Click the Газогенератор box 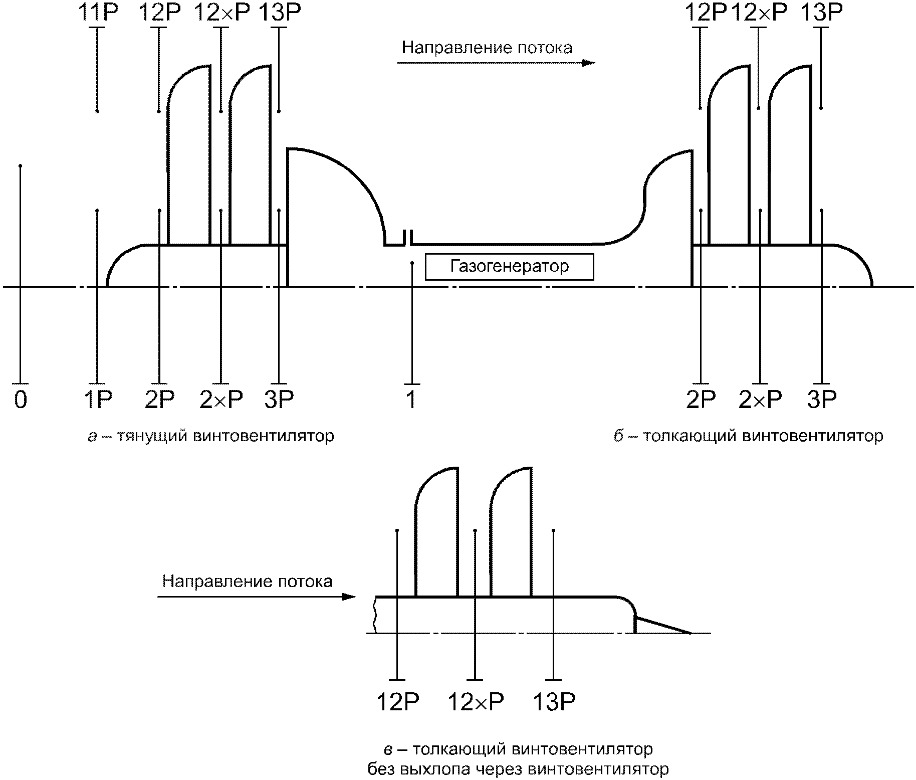click(509, 267)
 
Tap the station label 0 click(21, 400)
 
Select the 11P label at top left click(98, 13)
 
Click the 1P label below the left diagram click(98, 400)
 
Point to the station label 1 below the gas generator click(411, 400)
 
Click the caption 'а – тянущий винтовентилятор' click(211, 436)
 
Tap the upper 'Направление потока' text click(487, 48)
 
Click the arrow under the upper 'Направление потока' click(497, 63)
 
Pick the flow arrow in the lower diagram click(257, 597)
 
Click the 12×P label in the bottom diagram click(475, 702)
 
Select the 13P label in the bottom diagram click(554, 702)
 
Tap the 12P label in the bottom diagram click(397, 702)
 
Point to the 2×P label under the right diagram click(760, 400)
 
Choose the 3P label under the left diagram click(279, 400)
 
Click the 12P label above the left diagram click(159, 13)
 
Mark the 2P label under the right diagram click(700, 400)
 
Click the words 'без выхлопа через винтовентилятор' click(518, 770)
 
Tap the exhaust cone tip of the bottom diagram click(692, 633)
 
